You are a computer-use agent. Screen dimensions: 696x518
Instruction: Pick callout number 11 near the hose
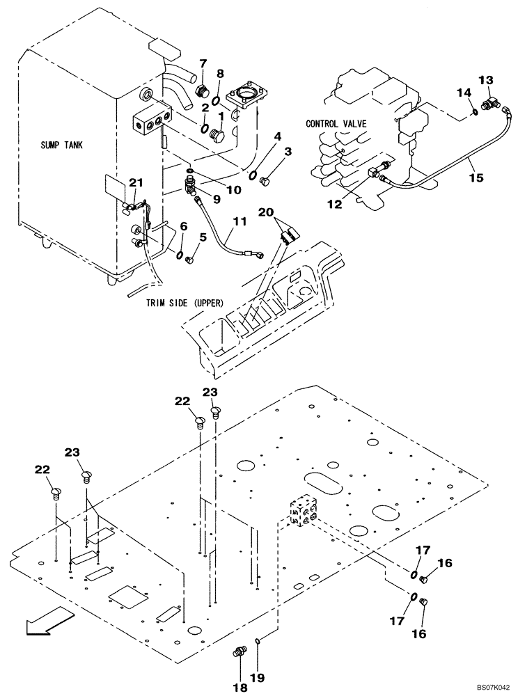(239, 221)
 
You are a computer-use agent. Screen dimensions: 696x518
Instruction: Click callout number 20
(265, 212)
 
